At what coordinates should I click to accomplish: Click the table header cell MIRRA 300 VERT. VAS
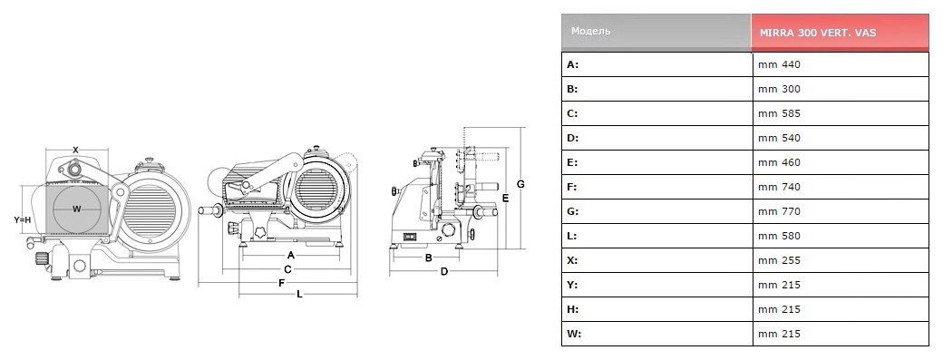pyautogui.click(x=817, y=33)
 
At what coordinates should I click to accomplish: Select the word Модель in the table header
pyautogui.click(x=590, y=31)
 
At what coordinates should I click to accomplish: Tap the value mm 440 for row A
pyautogui.click(x=779, y=64)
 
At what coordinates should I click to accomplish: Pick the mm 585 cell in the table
pyautogui.click(x=779, y=113)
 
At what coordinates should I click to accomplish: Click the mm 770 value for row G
pyautogui.click(x=779, y=211)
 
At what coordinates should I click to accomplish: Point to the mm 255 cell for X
pyautogui.click(x=779, y=260)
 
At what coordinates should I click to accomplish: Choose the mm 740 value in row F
pyautogui.click(x=779, y=187)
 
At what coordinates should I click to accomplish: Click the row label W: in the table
pyautogui.click(x=574, y=334)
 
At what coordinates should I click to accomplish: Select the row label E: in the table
pyautogui.click(x=572, y=162)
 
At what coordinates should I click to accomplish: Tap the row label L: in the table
pyautogui.click(x=571, y=236)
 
